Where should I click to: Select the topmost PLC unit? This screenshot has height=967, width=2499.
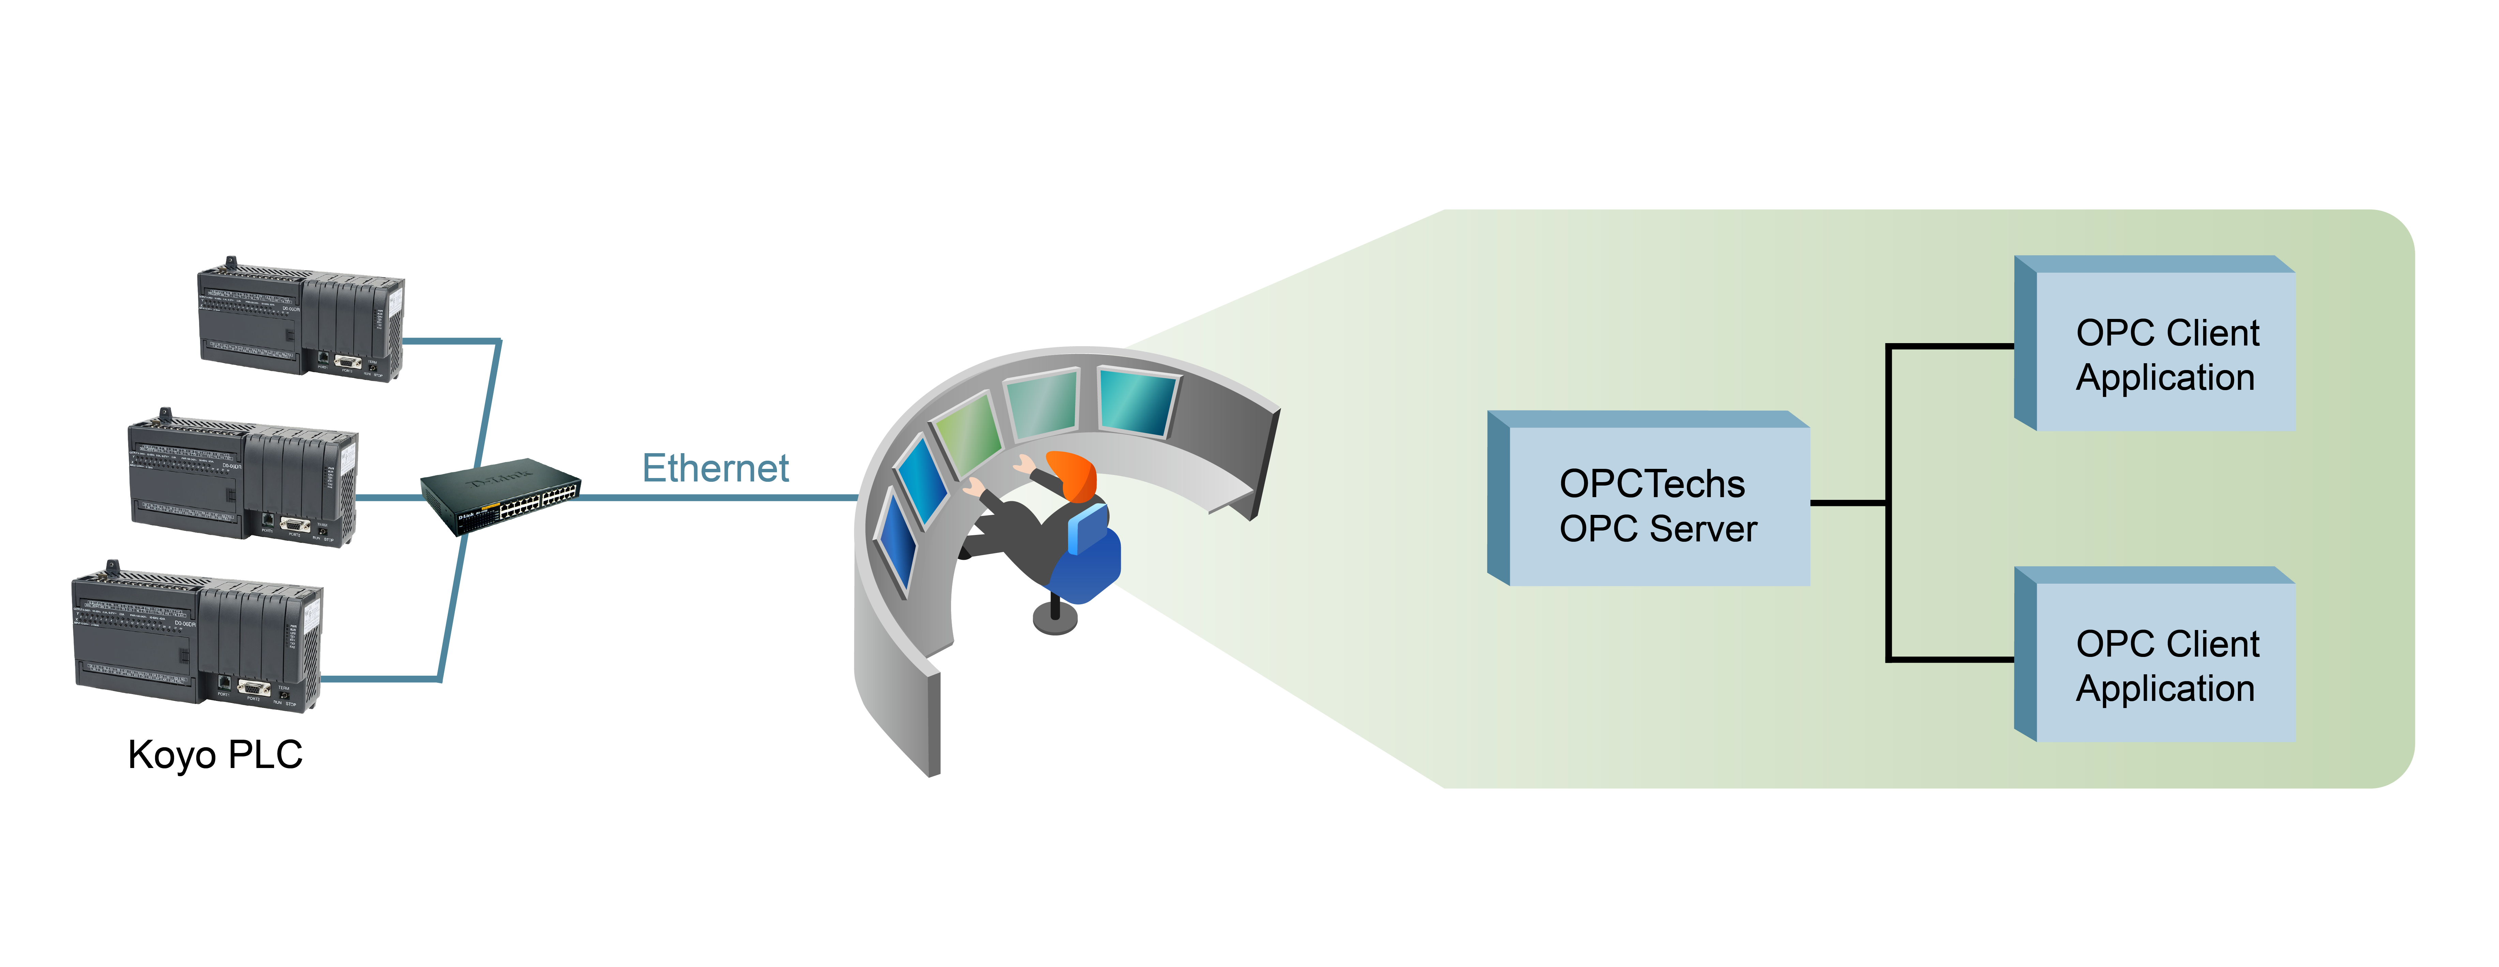301,320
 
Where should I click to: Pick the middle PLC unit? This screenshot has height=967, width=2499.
242,478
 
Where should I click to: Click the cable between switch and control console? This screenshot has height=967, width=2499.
718,497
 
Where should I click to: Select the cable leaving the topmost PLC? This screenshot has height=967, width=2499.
451,340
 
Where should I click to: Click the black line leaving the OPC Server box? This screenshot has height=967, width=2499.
1848,503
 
